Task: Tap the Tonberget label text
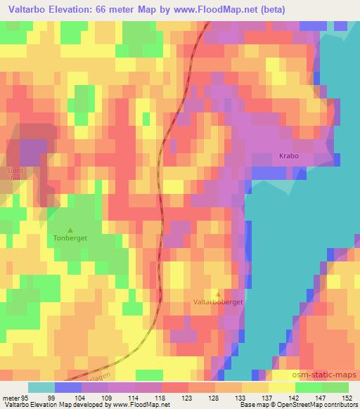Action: (69, 238)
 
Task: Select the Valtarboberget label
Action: (217, 303)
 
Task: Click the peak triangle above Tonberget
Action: (70, 229)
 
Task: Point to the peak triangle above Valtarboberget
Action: (217, 294)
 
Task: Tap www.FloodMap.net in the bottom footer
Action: (139, 405)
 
